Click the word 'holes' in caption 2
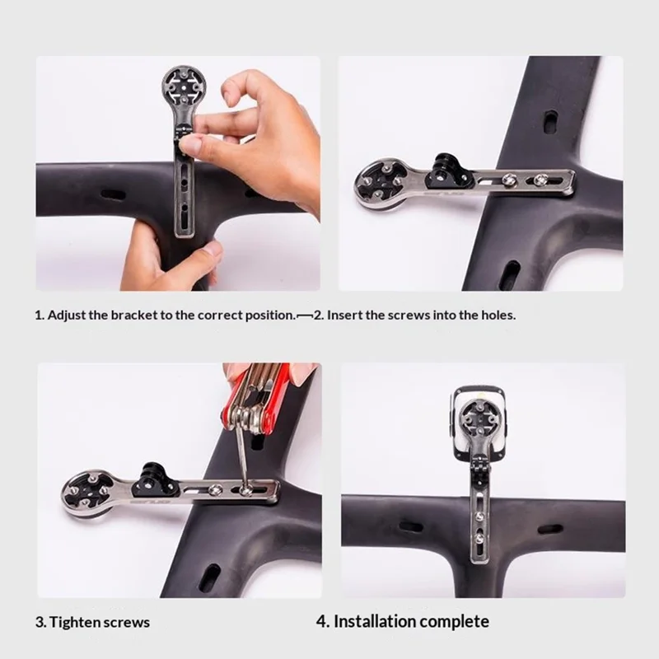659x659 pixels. coord(497,315)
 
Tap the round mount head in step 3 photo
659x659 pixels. coord(86,492)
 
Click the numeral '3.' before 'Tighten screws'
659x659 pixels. coord(40,622)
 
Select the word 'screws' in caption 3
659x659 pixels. coord(125,622)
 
